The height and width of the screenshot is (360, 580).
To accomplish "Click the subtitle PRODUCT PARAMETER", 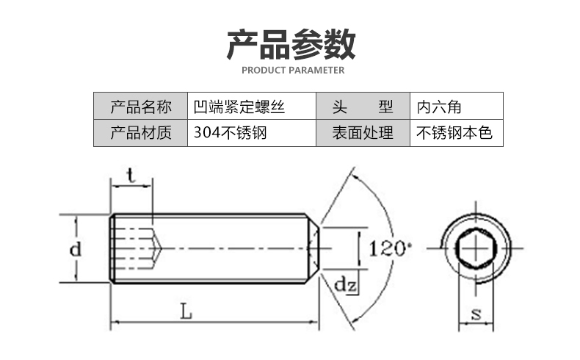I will click(x=292, y=71).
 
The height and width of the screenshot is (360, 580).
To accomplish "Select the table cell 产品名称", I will click(x=140, y=107).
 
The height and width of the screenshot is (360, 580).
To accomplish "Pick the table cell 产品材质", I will click(x=140, y=133).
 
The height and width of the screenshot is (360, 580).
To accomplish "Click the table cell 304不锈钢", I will click(x=228, y=133).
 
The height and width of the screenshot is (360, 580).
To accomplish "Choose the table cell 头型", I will click(x=362, y=107).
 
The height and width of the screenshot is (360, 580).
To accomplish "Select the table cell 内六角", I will click(x=438, y=107).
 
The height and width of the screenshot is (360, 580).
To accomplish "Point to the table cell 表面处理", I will click(x=362, y=133).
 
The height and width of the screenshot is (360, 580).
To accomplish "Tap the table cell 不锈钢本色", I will click(x=454, y=133).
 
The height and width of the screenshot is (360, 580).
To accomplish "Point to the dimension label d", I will click(x=75, y=249).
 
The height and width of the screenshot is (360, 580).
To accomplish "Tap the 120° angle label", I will click(x=387, y=248).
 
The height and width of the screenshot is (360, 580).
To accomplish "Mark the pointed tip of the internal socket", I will click(x=161, y=248).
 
